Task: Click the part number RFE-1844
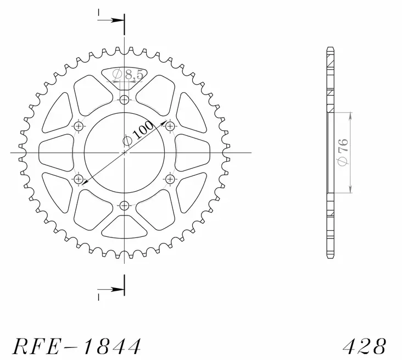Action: (x=77, y=346)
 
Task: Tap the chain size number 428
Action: (x=365, y=346)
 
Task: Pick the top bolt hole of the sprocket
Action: (x=125, y=99)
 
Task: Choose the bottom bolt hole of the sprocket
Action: (x=125, y=206)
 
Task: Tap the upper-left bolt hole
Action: (x=79, y=126)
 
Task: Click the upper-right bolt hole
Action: (x=170, y=126)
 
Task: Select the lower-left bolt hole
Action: (x=79, y=179)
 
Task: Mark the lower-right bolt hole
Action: (x=170, y=179)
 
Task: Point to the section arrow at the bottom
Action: (x=113, y=288)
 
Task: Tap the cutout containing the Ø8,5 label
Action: (x=125, y=74)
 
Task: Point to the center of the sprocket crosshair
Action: (x=125, y=152)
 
